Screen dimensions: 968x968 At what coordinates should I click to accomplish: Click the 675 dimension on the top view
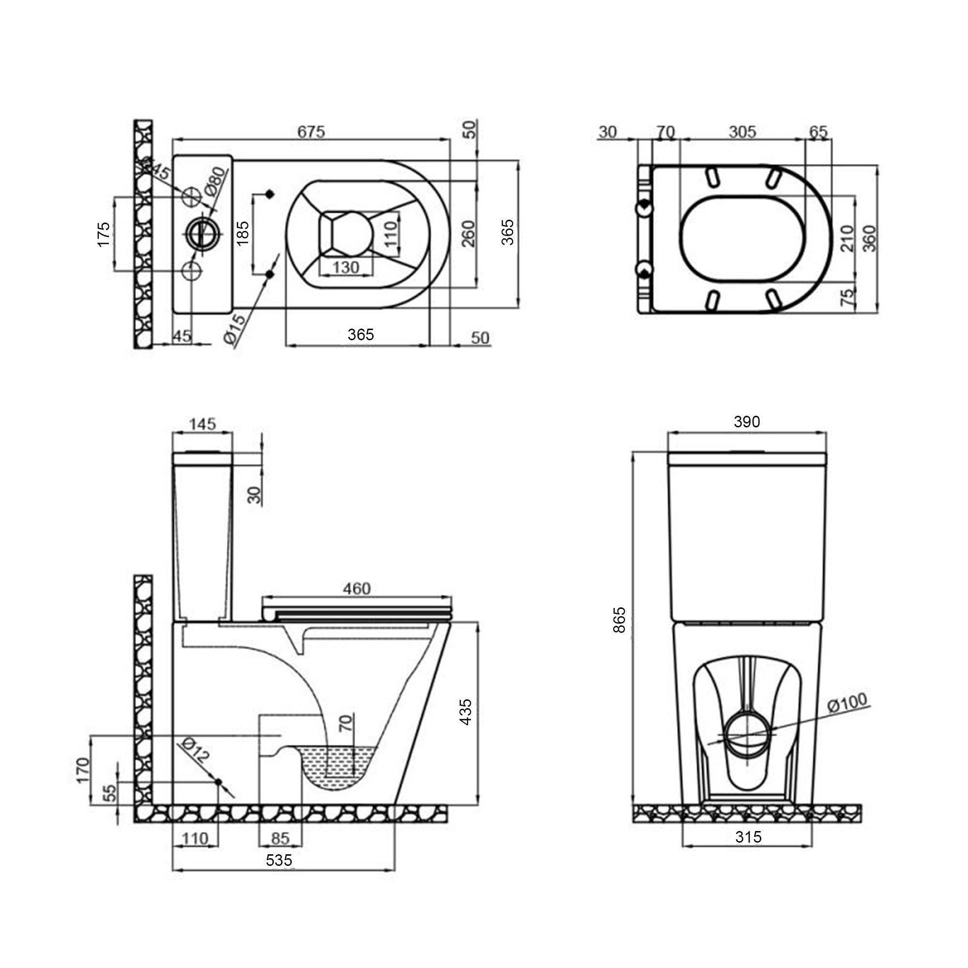(x=311, y=132)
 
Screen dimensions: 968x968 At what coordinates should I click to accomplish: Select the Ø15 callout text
(x=236, y=328)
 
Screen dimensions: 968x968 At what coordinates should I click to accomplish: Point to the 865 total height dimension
(x=620, y=620)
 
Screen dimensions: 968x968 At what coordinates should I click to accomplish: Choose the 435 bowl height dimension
(x=466, y=711)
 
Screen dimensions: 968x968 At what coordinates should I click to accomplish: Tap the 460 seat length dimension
(x=357, y=588)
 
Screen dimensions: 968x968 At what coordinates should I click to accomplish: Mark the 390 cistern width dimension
(x=747, y=422)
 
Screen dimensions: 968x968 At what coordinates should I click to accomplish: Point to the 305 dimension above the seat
(x=742, y=132)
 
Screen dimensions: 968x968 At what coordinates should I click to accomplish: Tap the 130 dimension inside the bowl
(x=346, y=268)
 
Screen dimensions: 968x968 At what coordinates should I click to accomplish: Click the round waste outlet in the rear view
(x=746, y=736)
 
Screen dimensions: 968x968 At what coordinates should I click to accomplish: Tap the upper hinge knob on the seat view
(x=644, y=206)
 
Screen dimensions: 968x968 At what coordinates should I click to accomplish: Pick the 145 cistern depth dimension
(x=202, y=424)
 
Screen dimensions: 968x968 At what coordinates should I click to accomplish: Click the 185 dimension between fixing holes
(x=242, y=232)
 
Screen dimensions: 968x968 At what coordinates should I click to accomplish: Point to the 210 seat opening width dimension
(x=846, y=238)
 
